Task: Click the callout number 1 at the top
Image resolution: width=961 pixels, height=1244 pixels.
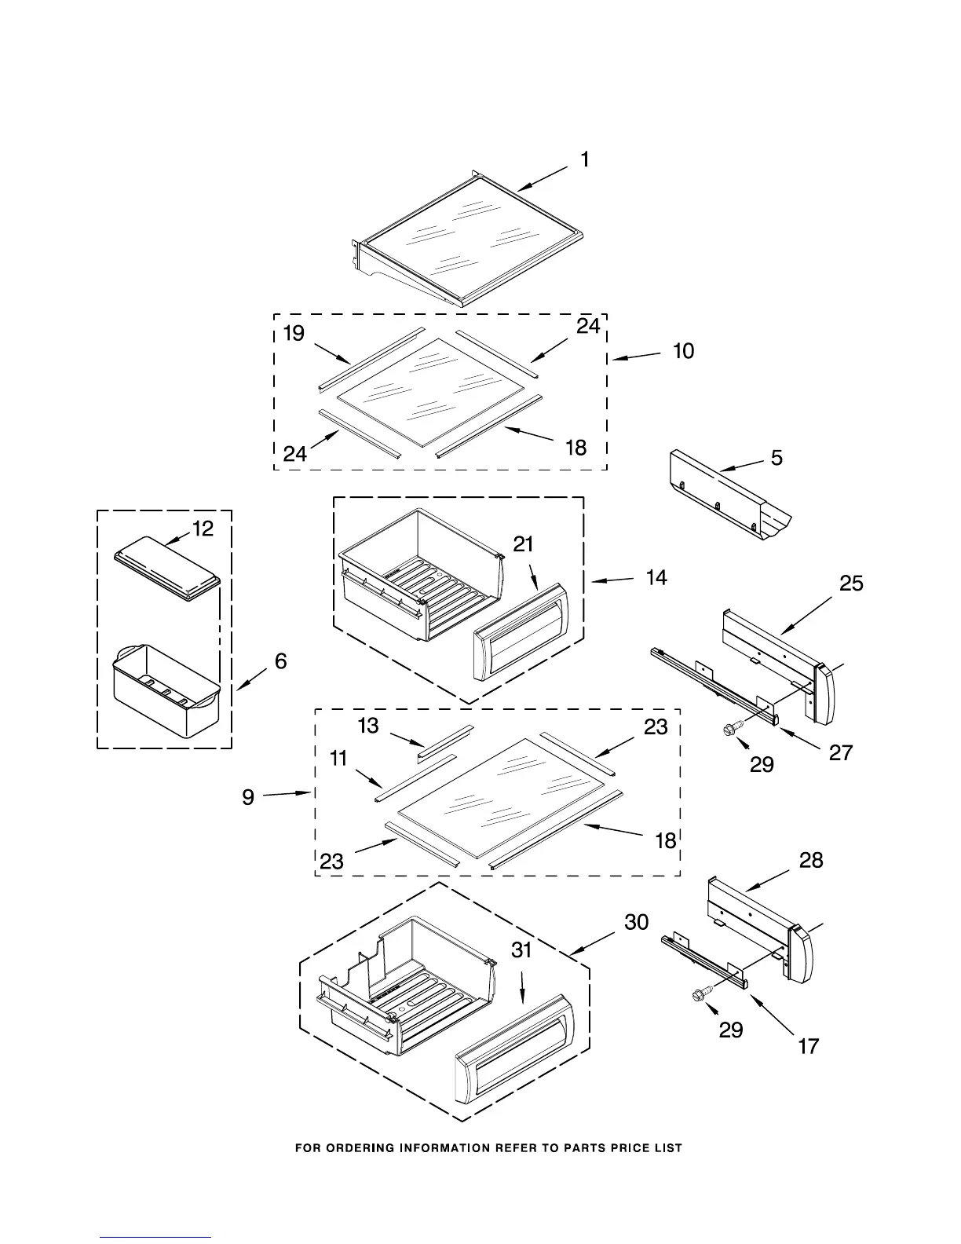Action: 585,160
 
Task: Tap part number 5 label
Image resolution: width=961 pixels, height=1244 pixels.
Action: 776,458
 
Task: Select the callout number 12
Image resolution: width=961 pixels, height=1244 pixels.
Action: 203,529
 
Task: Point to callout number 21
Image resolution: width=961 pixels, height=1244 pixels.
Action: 524,543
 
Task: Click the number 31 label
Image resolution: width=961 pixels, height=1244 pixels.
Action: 522,950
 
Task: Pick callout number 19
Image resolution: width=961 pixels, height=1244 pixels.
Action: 294,334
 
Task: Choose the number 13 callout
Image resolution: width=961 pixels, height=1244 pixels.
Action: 368,726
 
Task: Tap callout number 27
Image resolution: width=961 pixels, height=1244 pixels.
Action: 841,752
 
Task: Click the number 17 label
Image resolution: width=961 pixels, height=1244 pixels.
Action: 809,1046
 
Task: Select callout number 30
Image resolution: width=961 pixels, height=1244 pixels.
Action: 637,922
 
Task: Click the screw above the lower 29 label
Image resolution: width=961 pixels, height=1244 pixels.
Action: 699,995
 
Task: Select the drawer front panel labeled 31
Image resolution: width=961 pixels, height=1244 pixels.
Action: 514,1051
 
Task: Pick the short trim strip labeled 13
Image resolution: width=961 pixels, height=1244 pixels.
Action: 445,741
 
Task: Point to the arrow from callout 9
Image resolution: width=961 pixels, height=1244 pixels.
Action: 288,795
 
